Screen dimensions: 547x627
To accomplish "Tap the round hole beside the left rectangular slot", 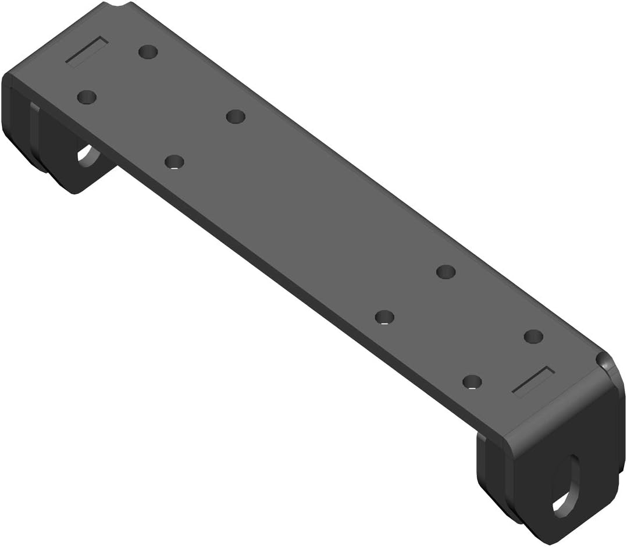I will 149,52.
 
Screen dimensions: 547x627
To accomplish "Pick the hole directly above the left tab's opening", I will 87,97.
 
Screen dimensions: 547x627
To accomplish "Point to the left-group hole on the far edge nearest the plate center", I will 235,117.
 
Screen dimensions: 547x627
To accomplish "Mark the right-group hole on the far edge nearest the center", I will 446,272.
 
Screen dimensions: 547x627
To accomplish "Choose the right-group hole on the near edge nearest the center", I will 384,317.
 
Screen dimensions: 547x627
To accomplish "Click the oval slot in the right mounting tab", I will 568,483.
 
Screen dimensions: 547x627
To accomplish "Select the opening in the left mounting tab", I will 88,156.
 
